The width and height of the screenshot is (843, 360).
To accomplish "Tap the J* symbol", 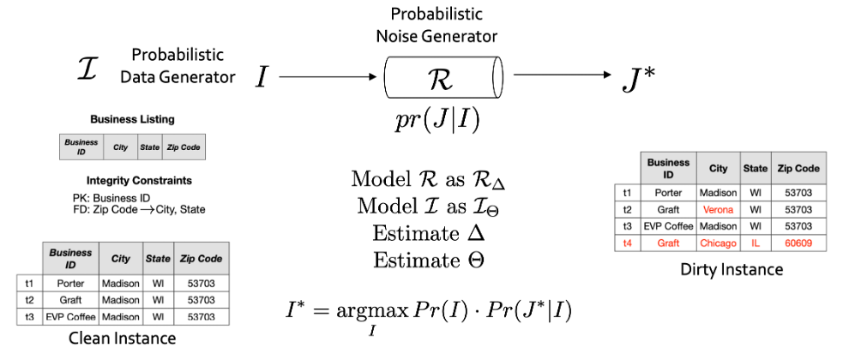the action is [x=638, y=78].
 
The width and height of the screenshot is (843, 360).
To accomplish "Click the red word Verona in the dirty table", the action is [x=718, y=209].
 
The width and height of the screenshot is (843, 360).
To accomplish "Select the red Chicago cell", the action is [x=718, y=243].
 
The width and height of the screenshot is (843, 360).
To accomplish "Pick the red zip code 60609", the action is [x=799, y=243].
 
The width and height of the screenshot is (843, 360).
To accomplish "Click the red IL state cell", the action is [x=756, y=243].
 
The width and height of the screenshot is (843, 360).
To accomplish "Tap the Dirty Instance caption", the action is [x=732, y=270].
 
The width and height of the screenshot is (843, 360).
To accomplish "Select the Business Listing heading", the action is [x=132, y=120].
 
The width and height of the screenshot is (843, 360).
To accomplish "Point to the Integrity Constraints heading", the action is [x=132, y=181].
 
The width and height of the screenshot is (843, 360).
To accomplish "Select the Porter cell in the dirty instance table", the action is [x=668, y=192].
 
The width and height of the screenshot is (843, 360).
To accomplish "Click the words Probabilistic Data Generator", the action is [x=178, y=66].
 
